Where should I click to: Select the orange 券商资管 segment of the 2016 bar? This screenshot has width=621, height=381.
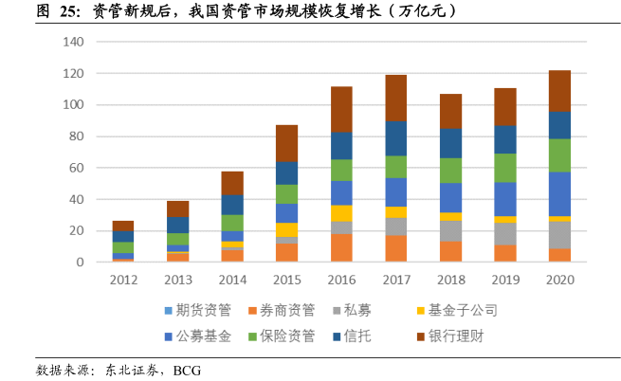click(x=341, y=247)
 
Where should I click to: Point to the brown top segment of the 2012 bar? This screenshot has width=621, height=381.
click(x=123, y=226)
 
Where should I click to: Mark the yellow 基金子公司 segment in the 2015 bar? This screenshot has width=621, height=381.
click(x=287, y=229)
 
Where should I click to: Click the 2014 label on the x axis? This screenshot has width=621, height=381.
click(x=232, y=280)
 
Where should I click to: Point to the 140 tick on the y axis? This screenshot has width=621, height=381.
click(x=74, y=42)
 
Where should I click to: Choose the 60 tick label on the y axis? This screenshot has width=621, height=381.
click(x=77, y=168)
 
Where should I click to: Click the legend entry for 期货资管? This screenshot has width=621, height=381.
click(x=198, y=311)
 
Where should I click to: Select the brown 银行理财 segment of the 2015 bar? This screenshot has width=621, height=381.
click(x=287, y=144)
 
